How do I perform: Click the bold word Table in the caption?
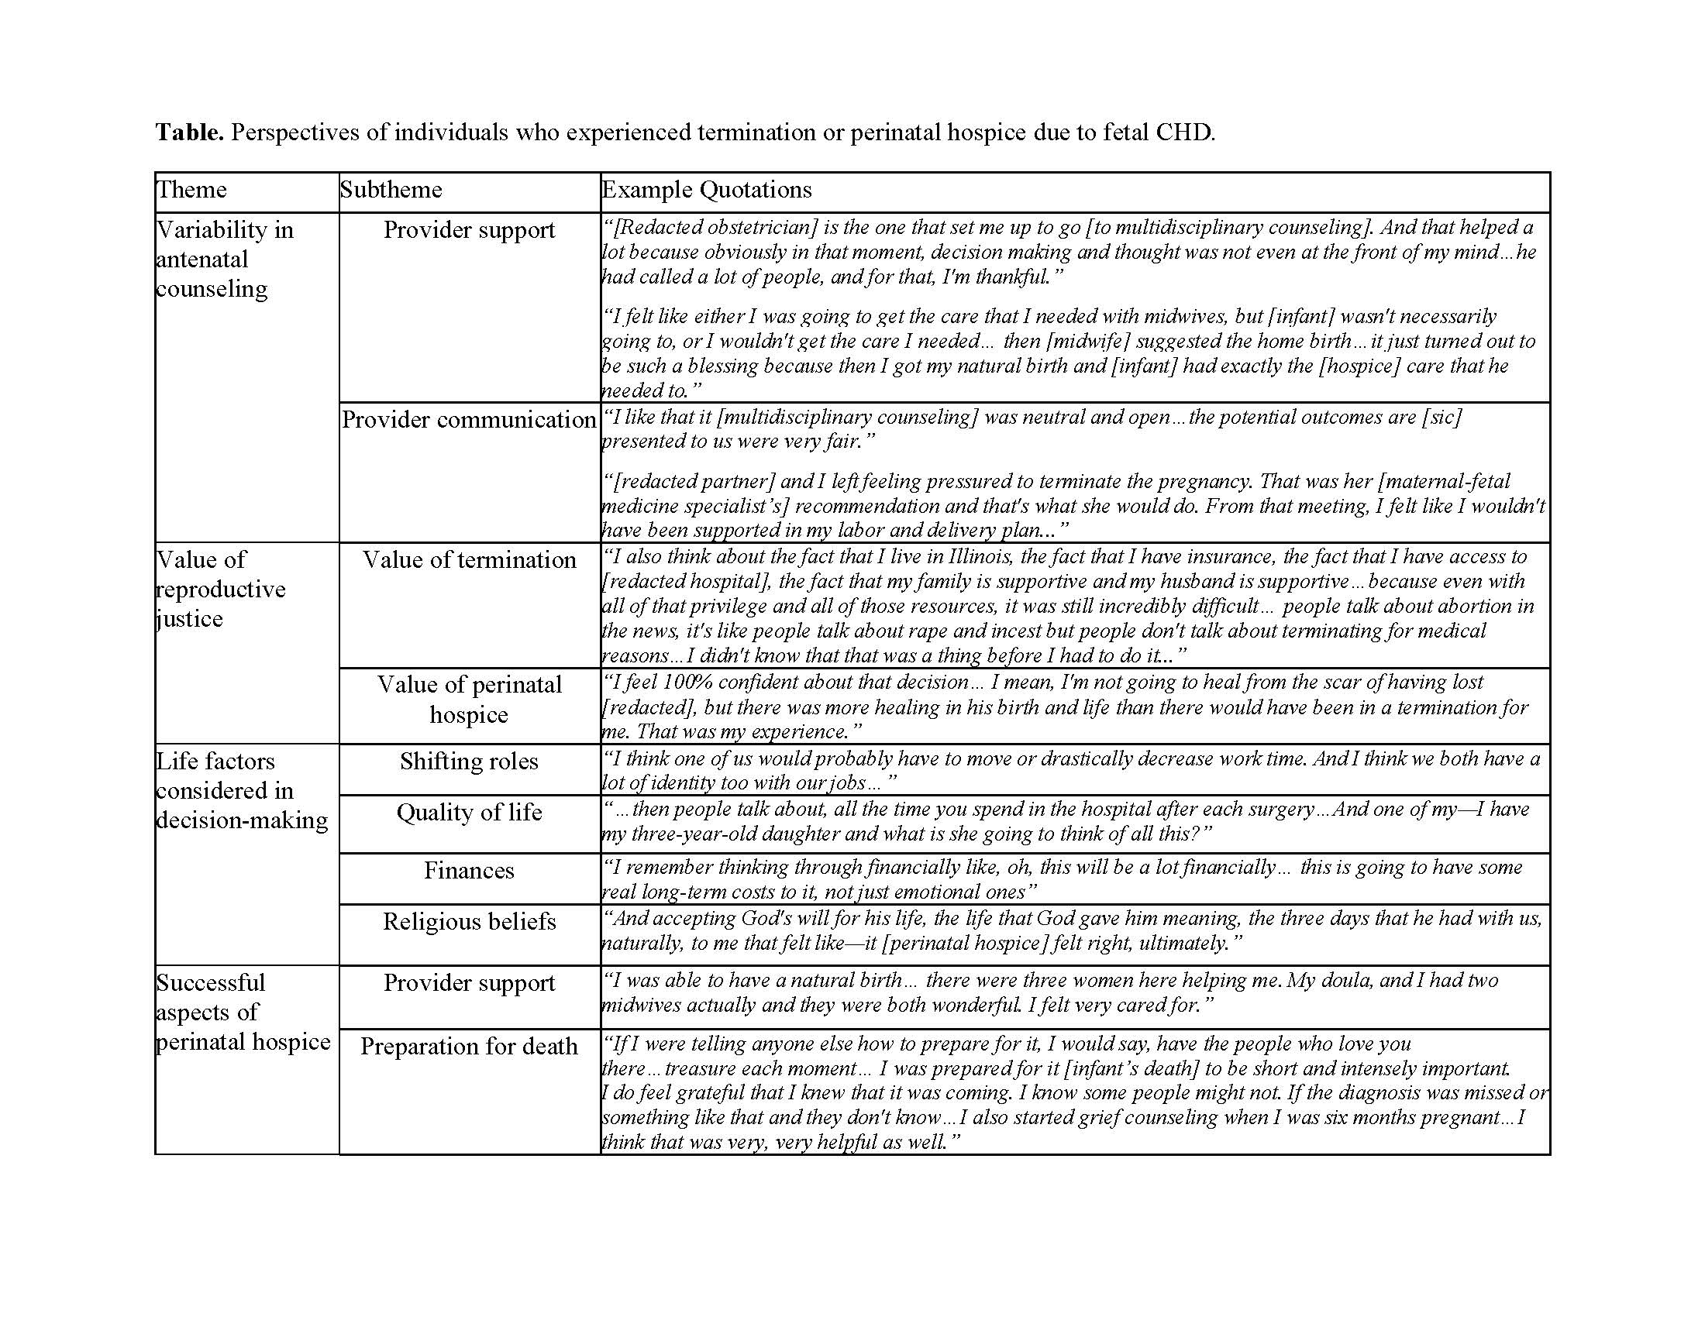189,132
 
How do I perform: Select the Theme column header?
192,190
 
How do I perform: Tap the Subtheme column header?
391,190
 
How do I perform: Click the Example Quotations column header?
707,190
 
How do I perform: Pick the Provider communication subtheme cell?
469,420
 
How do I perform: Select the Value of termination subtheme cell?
469,559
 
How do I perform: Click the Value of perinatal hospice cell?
469,699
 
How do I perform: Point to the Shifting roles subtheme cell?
469,762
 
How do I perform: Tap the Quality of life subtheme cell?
469,812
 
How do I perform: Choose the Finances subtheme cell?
469,870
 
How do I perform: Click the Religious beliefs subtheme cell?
469,921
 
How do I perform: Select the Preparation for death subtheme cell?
469,1047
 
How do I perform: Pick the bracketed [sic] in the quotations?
1441,417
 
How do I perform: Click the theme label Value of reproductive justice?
221,589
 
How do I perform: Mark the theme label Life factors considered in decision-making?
242,790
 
